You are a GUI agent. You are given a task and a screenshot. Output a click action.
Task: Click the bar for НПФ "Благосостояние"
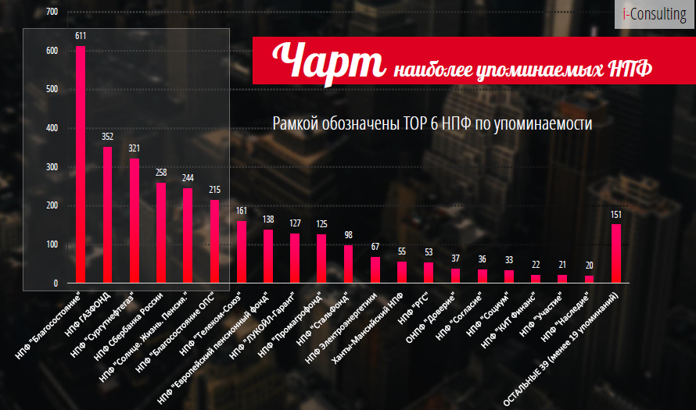pyautogui.click(x=81, y=164)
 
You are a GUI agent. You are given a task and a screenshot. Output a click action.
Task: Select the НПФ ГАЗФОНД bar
pyautogui.click(x=107, y=215)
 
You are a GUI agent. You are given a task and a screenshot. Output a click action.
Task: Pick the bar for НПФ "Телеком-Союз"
pyautogui.click(x=241, y=251)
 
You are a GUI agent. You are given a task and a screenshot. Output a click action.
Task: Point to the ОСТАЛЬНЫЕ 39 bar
pyautogui.click(x=616, y=253)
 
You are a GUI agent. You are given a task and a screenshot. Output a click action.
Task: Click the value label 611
pyautogui.click(x=81, y=36)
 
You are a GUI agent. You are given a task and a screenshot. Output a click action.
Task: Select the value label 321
pyautogui.click(x=134, y=148)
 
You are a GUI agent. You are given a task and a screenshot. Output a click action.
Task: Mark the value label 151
pyautogui.click(x=616, y=215)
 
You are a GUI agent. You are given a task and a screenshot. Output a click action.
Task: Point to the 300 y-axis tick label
pyautogui.click(x=52, y=167)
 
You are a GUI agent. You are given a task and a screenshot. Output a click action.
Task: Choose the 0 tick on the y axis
pyautogui.click(x=56, y=283)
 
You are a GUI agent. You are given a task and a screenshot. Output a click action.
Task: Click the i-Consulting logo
pyautogui.click(x=655, y=14)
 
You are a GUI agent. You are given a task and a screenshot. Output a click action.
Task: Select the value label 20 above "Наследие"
pyautogui.click(x=589, y=266)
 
